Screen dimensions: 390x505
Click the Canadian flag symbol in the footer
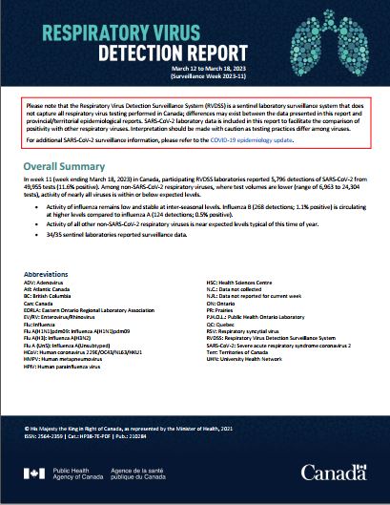(35, 471)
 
